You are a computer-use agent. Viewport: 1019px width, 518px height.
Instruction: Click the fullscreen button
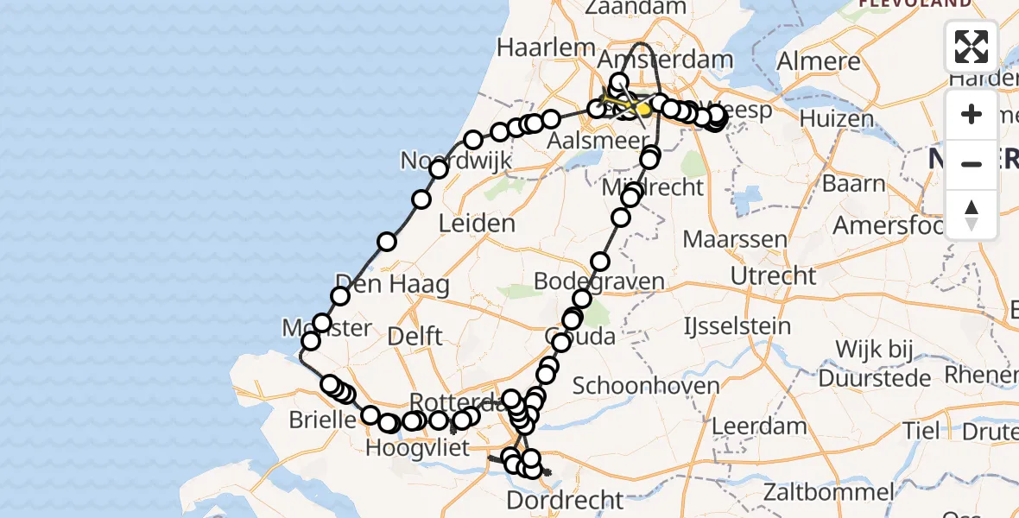pyautogui.click(x=972, y=47)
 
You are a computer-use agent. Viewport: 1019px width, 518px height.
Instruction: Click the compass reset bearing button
pyautogui.click(x=972, y=213)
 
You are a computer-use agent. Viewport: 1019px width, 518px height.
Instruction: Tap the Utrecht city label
pyautogui.click(x=773, y=276)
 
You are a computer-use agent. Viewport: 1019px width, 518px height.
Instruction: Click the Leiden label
pyautogui.click(x=477, y=224)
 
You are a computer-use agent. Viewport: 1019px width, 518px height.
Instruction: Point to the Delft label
pyautogui.click(x=415, y=336)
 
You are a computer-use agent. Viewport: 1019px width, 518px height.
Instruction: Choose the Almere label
pyautogui.click(x=819, y=61)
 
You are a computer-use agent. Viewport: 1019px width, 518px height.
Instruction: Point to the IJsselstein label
pyautogui.click(x=725, y=326)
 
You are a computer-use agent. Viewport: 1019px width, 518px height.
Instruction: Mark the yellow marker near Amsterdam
pyautogui.click(x=643, y=110)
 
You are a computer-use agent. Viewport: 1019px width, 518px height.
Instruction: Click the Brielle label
pyautogui.click(x=326, y=420)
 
